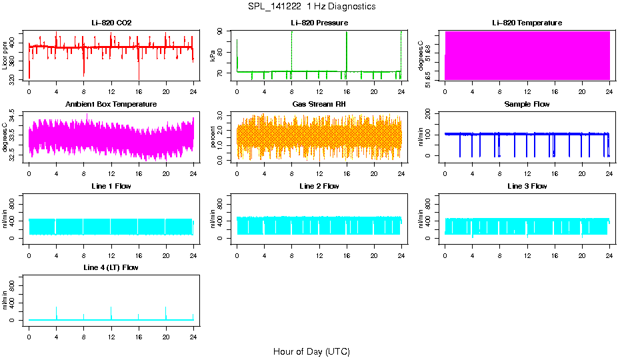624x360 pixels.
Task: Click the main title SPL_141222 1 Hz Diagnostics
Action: point(311,7)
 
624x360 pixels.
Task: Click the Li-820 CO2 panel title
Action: point(111,23)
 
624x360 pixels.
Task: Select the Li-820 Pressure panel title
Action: point(319,23)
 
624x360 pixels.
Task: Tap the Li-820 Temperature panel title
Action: point(527,23)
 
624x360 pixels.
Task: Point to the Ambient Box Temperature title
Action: point(111,104)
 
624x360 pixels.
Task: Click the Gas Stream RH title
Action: point(319,104)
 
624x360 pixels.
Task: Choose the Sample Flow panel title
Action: point(527,104)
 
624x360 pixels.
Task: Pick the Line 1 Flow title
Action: point(111,186)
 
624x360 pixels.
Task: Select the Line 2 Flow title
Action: point(319,186)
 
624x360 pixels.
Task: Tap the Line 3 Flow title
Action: point(527,186)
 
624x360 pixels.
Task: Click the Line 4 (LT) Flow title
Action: point(111,267)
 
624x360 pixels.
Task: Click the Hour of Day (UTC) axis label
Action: point(311,351)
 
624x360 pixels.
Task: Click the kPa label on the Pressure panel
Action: point(213,56)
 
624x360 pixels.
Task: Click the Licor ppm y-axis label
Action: point(5,56)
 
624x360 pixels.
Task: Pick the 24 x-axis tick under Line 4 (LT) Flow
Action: point(193,331)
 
